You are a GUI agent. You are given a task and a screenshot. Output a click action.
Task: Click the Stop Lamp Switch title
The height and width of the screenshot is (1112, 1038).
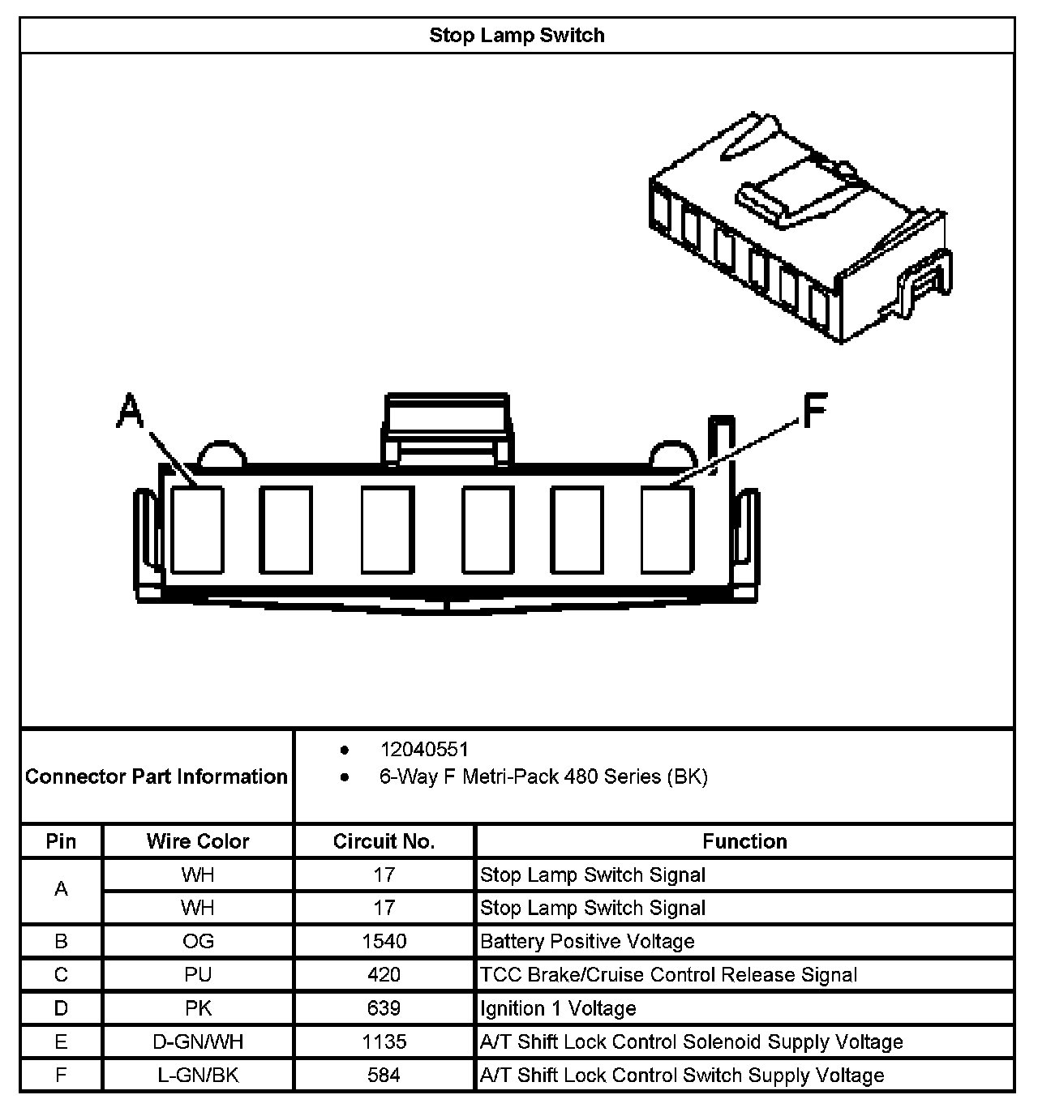[x=517, y=36]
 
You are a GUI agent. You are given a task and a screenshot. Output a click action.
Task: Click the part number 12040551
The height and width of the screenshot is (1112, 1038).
[x=424, y=750]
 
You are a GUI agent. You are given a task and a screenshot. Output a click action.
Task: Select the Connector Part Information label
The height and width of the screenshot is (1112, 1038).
[x=157, y=776]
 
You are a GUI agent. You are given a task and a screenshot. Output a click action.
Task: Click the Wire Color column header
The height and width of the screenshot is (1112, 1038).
[x=198, y=841]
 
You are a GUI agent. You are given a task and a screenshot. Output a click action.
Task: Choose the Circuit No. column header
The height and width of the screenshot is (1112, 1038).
[x=384, y=841]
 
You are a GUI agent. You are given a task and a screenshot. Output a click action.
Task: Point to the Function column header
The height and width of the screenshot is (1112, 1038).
[x=744, y=841]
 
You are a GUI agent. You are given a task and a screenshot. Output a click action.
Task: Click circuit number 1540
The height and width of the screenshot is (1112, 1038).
[x=384, y=941]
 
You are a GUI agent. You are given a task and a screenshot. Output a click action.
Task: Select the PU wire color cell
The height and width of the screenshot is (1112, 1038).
[x=198, y=974]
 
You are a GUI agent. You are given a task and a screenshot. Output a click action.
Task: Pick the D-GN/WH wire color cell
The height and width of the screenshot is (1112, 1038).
[x=198, y=1041]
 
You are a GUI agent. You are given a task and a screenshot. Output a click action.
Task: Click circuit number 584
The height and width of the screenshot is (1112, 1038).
[x=384, y=1076]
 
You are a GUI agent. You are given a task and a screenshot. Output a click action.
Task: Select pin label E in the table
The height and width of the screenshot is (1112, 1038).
[x=61, y=1041]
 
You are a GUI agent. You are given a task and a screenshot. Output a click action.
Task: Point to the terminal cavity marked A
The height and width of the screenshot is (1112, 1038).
[x=198, y=529]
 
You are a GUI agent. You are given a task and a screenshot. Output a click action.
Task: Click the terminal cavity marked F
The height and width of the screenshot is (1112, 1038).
[x=667, y=529]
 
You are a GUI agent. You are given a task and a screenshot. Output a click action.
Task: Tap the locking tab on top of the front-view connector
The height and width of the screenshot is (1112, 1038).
[x=447, y=430]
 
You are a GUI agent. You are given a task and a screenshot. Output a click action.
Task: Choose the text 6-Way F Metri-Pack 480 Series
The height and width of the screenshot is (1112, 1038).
[x=543, y=777]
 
